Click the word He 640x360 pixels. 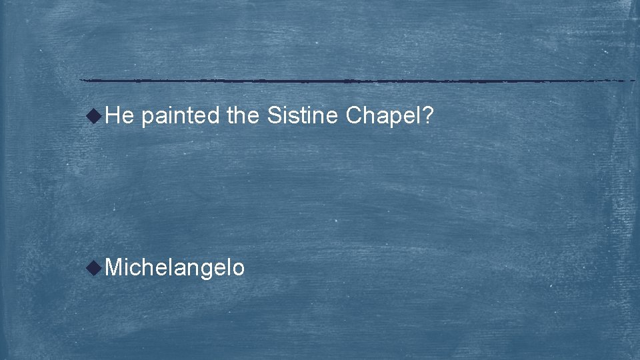click(x=120, y=117)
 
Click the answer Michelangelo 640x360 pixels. click(x=175, y=268)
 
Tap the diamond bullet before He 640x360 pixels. click(x=97, y=116)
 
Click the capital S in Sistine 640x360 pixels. click(x=273, y=117)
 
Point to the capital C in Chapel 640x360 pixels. click(x=354, y=117)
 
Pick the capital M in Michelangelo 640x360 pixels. click(x=114, y=267)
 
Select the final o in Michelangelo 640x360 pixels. click(x=239, y=269)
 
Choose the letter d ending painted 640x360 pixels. click(x=213, y=117)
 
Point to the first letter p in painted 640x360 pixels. click(x=147, y=119)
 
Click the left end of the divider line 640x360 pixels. click(x=81, y=81)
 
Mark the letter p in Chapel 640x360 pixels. click(x=394, y=119)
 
